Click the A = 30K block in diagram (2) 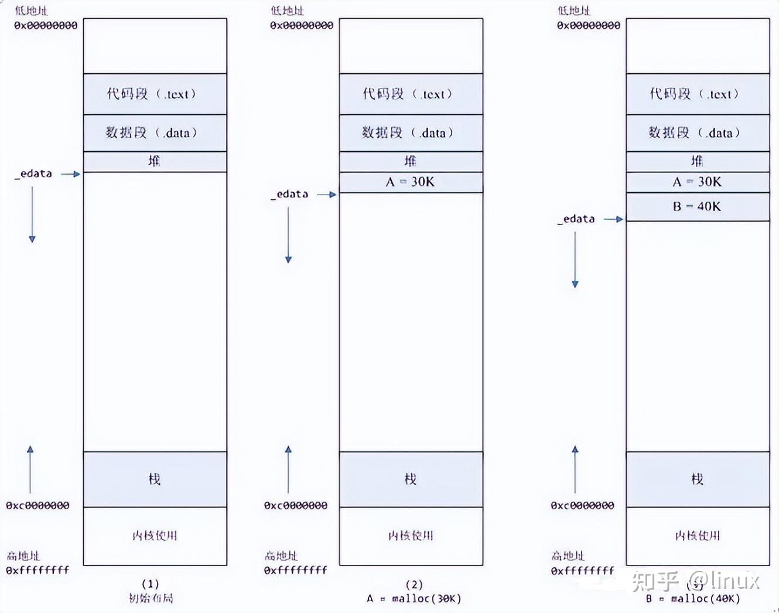pos(411,182)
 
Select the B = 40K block pos(697,206)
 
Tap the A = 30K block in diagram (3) pos(697,182)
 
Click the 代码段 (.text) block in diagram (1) pos(155,94)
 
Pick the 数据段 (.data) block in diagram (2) pos(411,133)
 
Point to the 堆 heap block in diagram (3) pos(697,161)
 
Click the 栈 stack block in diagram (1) pos(155,479)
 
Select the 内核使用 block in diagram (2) pos(411,536)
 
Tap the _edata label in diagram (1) pos(33,173)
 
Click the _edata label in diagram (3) pos(576,219)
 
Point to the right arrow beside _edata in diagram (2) pos(327,195)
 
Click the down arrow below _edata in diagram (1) pos(32,214)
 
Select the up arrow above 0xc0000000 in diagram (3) pos(575,469)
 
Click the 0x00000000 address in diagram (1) pos(46,25)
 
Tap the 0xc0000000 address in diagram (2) pos(296,505)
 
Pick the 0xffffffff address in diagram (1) pos(37,570)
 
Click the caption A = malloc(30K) pos(414,598)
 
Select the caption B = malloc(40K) pos(693,598)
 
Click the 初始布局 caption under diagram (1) pos(151,598)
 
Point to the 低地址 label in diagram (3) pos(573,11)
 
